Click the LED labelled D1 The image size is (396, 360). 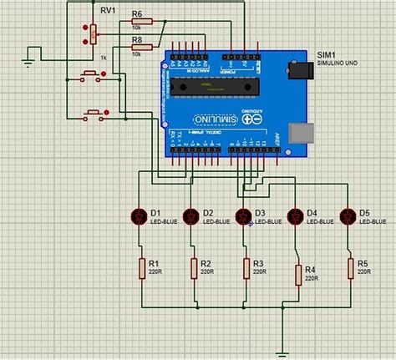[139, 217]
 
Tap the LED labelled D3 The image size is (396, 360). [244, 217]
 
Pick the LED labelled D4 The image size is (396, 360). [297, 217]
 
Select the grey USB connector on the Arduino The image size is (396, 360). [298, 133]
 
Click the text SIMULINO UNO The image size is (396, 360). [338, 63]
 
